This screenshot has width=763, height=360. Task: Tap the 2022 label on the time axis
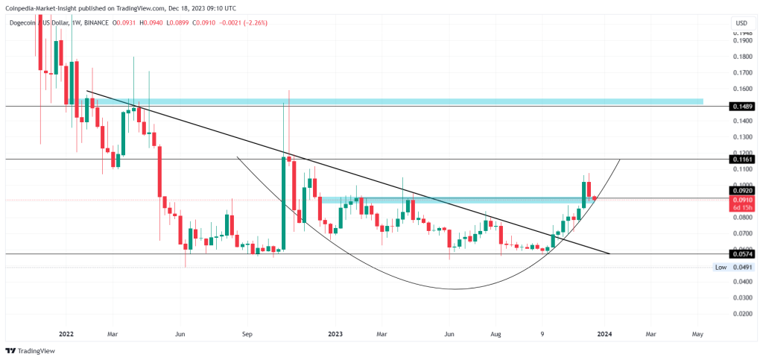[x=66, y=334]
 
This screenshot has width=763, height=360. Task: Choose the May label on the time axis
[x=698, y=334]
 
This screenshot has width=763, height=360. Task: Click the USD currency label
[x=741, y=23]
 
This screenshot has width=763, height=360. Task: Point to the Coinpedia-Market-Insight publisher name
[x=46, y=7]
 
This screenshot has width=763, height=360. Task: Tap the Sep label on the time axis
[x=247, y=334]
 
